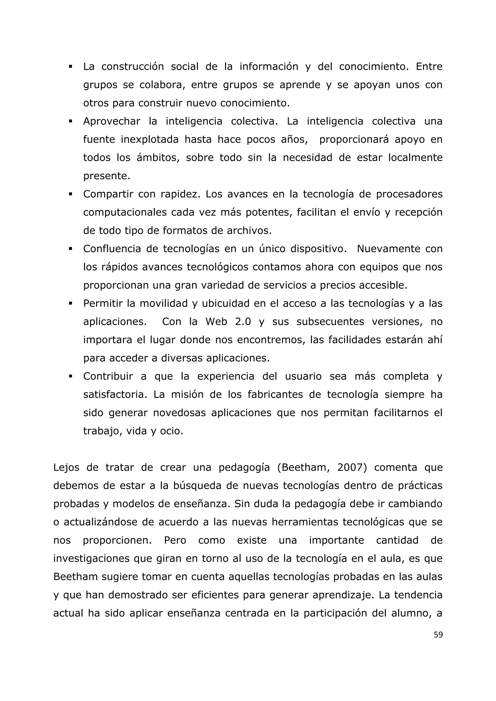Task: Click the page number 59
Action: click(438, 635)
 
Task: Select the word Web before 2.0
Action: click(216, 321)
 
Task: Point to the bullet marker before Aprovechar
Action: click(70, 122)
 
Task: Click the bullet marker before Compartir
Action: click(70, 194)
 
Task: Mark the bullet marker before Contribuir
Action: click(70, 376)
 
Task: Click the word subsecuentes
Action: click(330, 321)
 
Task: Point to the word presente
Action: click(107, 176)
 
